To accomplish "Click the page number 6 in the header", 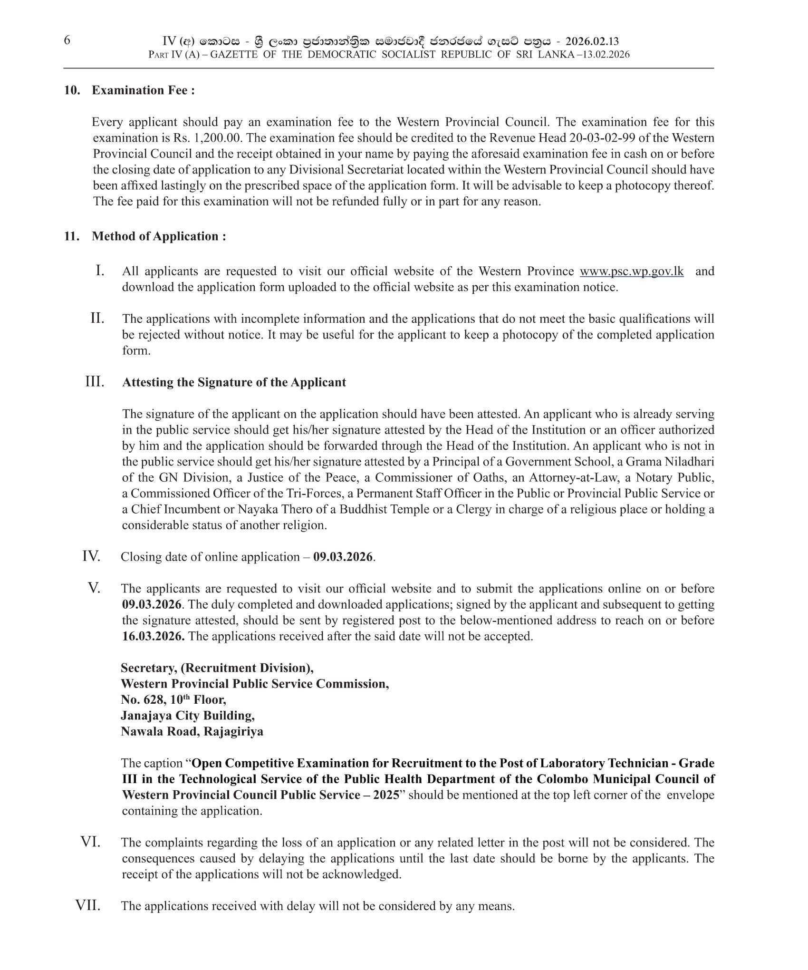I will tap(67, 40).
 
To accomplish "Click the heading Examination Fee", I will tap(143, 90).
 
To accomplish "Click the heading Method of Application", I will tap(158, 236).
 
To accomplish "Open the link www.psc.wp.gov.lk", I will tap(632, 272).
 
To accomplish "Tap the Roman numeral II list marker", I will tap(97, 318).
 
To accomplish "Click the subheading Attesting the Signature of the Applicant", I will tap(234, 382).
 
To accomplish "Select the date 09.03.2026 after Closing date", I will tap(343, 557).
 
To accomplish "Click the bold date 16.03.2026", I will tap(153, 636).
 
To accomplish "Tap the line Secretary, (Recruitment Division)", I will tap(217, 668).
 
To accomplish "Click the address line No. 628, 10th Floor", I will tap(173, 699).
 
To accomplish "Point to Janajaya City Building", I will tap(187, 715).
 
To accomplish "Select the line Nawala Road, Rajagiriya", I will tap(192, 731).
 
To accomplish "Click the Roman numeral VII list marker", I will tap(88, 905).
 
